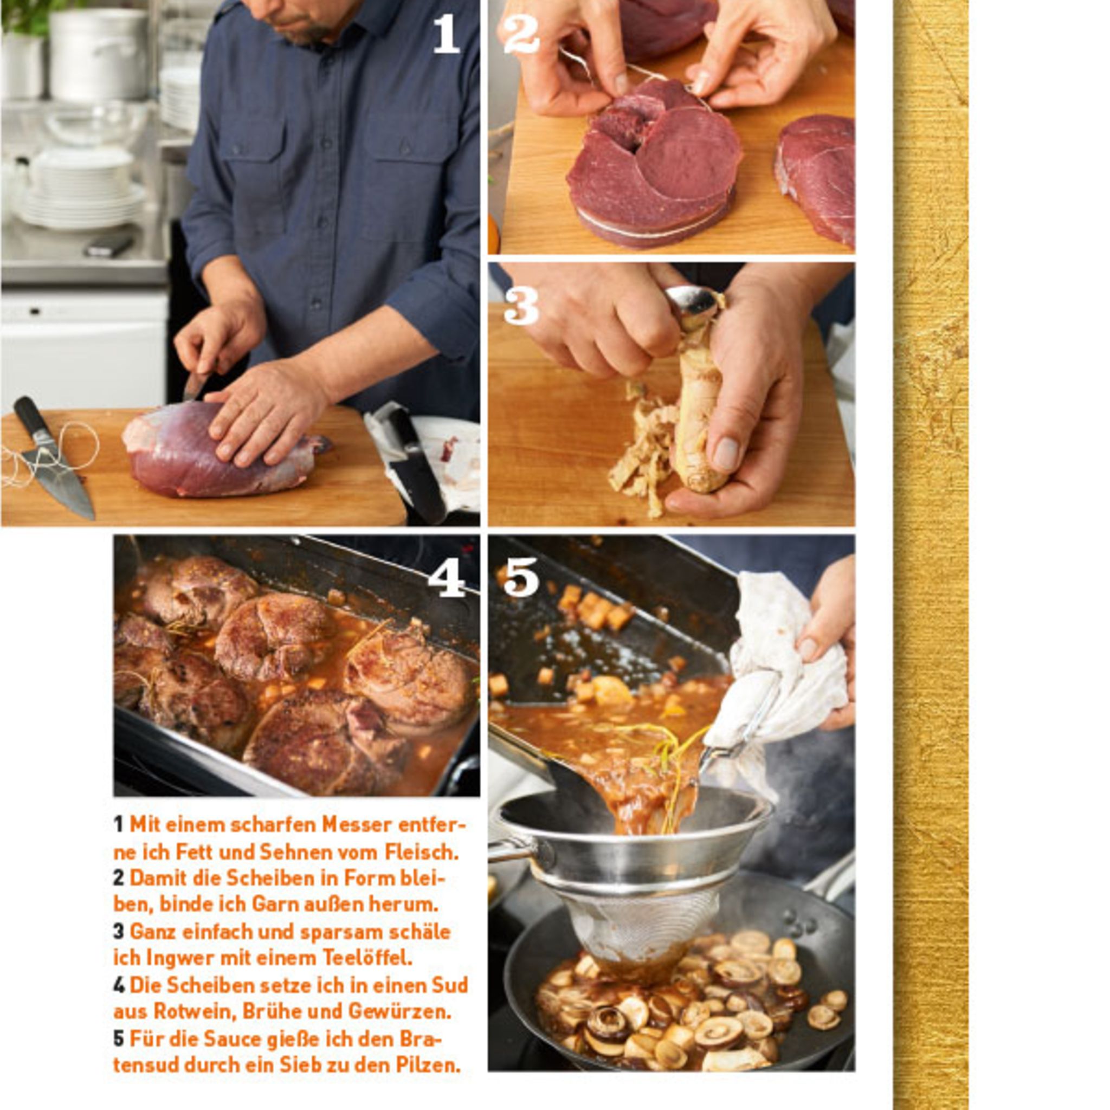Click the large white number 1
coord(447,34)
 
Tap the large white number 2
coord(520,34)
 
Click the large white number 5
coord(521,577)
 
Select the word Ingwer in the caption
coord(183,958)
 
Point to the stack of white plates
coord(80,190)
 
